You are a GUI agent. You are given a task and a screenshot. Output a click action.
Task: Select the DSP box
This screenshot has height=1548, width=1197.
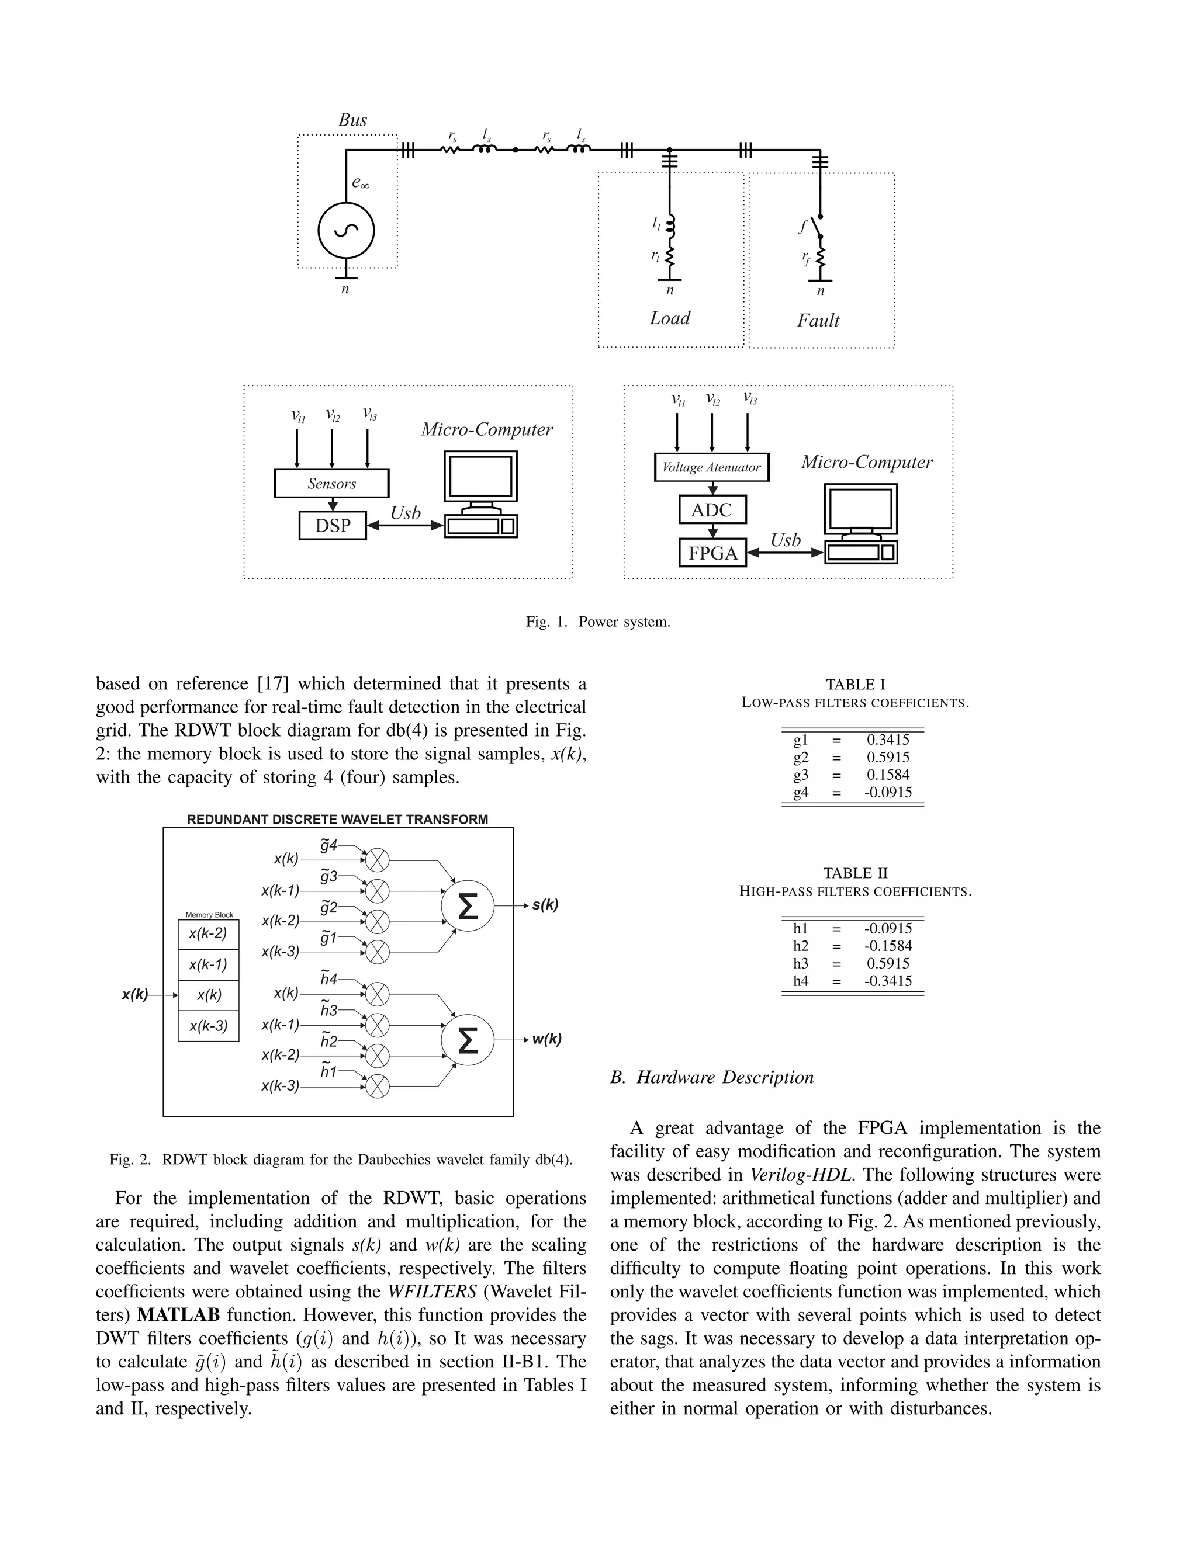coord(333,525)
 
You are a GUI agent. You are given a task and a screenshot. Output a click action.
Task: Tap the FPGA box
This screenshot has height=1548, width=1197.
coord(712,553)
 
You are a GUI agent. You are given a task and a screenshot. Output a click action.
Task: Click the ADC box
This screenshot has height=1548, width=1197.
coord(712,509)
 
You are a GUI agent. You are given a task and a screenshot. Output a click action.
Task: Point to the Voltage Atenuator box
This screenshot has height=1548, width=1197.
coord(711,468)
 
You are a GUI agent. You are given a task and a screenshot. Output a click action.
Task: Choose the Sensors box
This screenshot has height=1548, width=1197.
coord(331,484)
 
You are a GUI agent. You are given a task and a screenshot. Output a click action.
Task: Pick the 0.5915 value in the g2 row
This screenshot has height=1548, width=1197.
coord(888,757)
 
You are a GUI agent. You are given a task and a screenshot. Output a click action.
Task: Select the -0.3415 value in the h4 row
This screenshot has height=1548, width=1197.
coord(888,981)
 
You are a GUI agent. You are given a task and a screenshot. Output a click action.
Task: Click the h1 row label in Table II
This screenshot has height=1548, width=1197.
coord(801,928)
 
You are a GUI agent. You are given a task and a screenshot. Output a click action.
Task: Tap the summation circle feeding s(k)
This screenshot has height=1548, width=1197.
coord(468,906)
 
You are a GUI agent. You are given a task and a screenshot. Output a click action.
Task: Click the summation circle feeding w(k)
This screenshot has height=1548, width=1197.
coord(468,1040)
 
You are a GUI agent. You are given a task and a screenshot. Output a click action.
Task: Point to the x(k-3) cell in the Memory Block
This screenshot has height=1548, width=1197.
coord(209,1026)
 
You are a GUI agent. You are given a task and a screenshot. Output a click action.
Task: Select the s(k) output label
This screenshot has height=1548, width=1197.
coord(545,905)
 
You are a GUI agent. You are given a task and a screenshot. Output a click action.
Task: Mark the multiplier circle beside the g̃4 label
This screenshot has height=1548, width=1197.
coord(377,860)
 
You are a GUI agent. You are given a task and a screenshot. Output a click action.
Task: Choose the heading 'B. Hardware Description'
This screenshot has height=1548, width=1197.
coord(712,1077)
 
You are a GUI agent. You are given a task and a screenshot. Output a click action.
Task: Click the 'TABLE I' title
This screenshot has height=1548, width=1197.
coord(855,685)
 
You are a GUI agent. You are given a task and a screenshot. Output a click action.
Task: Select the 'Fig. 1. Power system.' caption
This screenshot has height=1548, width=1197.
coord(598,622)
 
